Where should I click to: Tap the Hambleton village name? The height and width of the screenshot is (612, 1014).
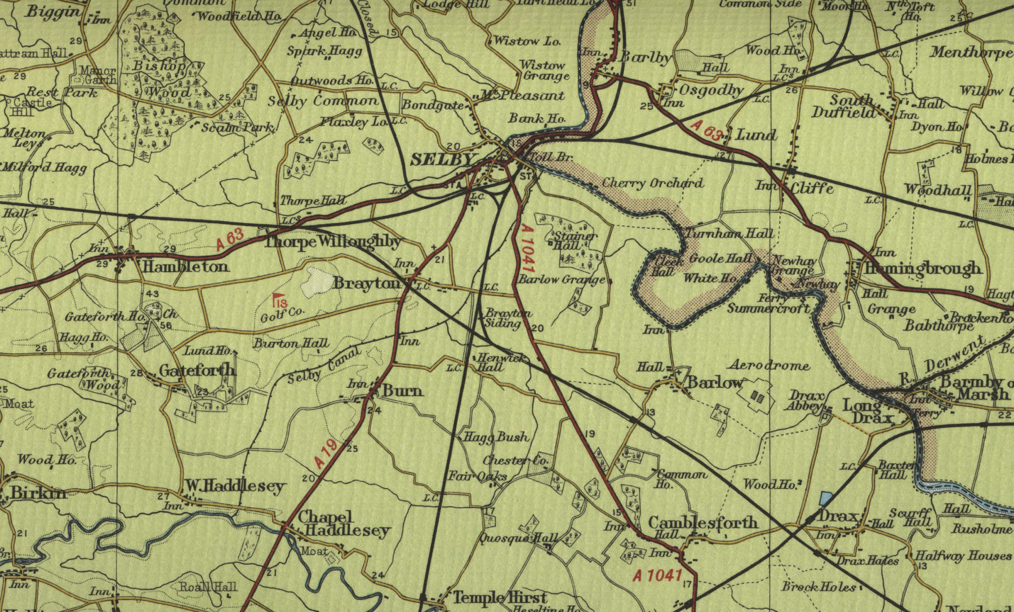(x=185, y=267)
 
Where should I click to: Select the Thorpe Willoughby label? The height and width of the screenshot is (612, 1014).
(x=332, y=242)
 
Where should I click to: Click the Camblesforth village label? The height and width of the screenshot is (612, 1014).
(x=702, y=522)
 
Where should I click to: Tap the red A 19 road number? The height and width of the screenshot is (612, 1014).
(x=326, y=454)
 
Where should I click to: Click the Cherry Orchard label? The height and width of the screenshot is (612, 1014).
(x=652, y=183)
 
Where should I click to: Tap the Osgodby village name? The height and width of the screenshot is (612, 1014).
(x=711, y=90)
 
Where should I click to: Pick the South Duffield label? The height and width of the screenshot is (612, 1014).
(x=843, y=107)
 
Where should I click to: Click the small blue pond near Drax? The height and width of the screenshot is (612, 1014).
(x=825, y=499)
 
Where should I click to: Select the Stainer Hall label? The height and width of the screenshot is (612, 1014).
(x=575, y=241)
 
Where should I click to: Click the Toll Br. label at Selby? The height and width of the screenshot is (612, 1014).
(x=553, y=157)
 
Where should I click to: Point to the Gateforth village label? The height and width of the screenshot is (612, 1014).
(x=197, y=370)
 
